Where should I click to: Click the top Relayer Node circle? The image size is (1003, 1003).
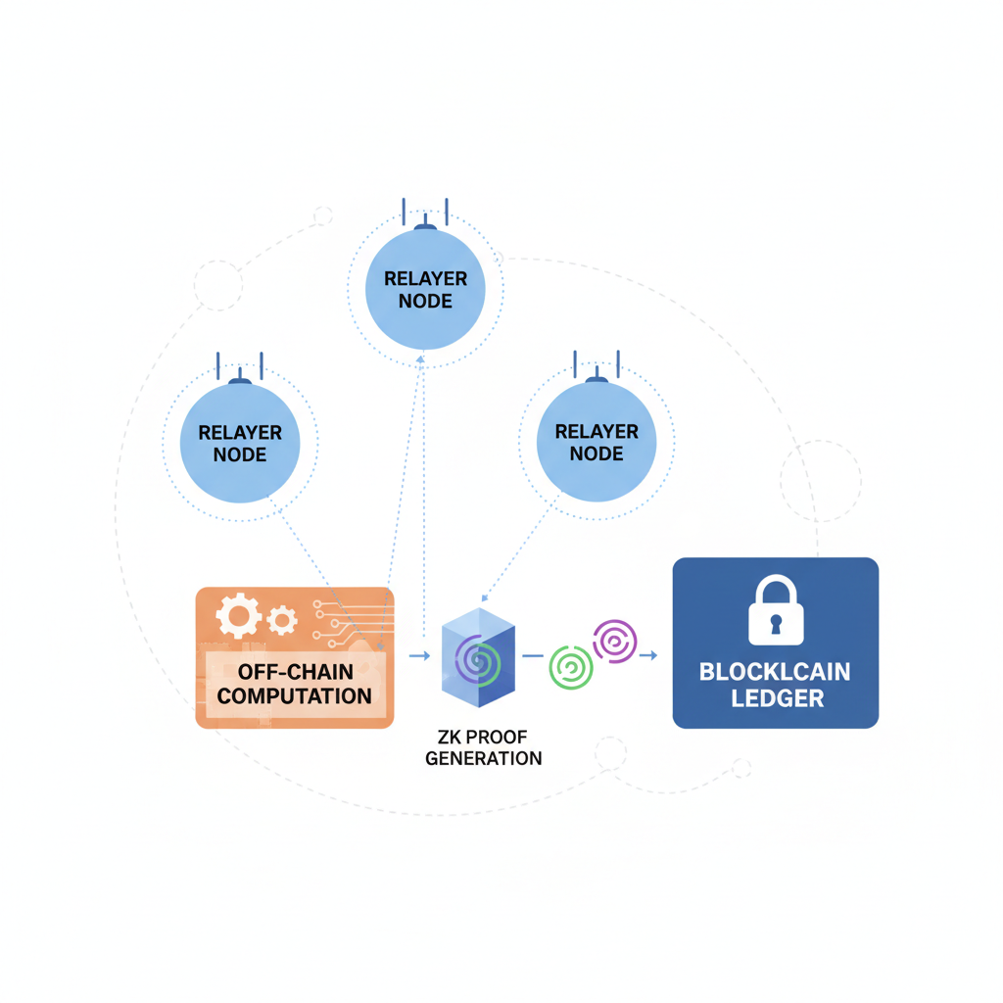click(425, 289)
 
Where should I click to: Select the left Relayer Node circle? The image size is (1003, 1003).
click(240, 443)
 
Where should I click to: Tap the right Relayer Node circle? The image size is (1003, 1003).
click(597, 442)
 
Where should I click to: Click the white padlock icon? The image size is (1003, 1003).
click(775, 610)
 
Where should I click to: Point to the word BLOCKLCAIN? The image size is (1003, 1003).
click(775, 673)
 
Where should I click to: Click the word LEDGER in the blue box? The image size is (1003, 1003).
click(775, 699)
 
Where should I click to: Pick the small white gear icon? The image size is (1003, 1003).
click(282, 619)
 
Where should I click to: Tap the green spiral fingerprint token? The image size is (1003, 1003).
click(571, 666)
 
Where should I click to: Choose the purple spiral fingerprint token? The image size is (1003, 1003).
click(614, 641)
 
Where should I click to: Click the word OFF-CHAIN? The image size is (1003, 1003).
click(294, 673)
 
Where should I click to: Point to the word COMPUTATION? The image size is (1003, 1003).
click(294, 696)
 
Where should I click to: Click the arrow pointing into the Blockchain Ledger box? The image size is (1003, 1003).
click(648, 655)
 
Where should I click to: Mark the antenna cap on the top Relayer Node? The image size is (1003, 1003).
click(425, 227)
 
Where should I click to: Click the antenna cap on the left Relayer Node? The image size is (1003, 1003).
click(240, 380)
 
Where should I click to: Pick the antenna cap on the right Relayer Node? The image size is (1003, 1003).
click(597, 380)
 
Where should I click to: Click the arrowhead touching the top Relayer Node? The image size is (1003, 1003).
click(421, 359)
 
